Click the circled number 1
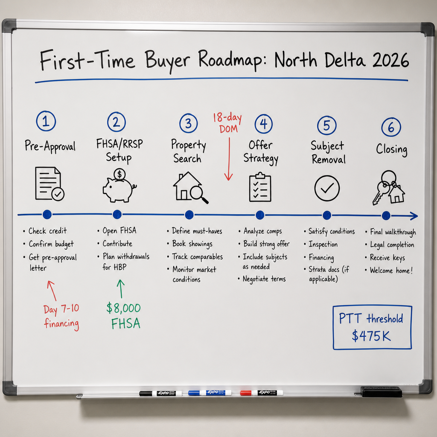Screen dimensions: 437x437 point(46,121)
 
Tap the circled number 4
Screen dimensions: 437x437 point(263,124)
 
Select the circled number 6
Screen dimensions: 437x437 point(391,127)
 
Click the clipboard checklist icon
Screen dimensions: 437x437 point(260,187)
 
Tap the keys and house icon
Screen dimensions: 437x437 point(388,188)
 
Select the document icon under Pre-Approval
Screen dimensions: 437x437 point(50,184)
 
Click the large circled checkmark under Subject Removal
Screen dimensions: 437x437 point(327,188)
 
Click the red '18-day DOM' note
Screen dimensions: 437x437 point(227,123)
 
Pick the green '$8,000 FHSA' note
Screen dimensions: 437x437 point(123,316)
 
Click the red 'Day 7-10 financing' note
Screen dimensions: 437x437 point(61,317)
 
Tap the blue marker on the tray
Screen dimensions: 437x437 point(210,393)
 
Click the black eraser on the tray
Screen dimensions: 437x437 point(381,391)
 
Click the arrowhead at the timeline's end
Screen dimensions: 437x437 point(414,216)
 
